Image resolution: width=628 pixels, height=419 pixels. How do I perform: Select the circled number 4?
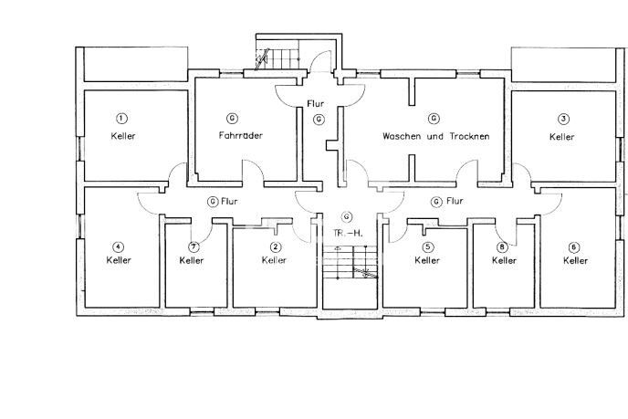[x=118, y=246]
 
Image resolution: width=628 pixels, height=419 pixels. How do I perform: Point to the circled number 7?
[x=193, y=246]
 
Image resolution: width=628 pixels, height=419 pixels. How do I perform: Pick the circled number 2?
[x=275, y=246]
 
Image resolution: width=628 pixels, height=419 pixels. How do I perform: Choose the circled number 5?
[x=427, y=246]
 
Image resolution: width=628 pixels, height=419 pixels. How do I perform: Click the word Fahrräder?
[x=241, y=136]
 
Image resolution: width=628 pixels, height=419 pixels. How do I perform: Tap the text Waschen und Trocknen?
[x=435, y=136]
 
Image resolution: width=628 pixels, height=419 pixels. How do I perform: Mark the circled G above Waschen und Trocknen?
[x=434, y=119]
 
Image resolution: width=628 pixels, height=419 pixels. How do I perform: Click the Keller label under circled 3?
[x=563, y=136]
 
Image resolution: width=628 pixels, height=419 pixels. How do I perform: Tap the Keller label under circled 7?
[x=192, y=260]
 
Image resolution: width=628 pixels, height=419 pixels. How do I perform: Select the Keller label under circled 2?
[x=274, y=260]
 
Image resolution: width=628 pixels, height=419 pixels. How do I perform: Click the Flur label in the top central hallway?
[x=317, y=103]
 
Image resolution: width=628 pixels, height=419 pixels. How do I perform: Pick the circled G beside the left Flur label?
[x=213, y=201]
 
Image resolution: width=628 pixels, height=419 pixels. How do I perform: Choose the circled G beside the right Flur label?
[x=436, y=201]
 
